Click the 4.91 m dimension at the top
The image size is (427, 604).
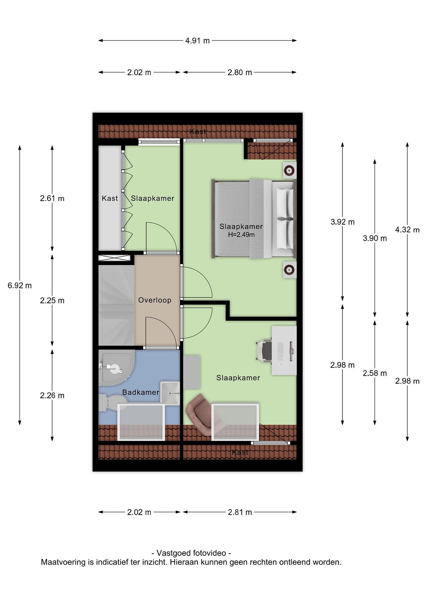pos(197,41)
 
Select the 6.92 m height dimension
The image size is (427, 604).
pos(20,285)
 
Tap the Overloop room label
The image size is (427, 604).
pos(155,300)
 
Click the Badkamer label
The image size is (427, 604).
pos(141,392)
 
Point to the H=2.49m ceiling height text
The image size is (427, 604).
pos(241,235)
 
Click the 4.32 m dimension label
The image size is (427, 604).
pos(407,230)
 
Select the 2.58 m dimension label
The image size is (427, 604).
pos(375,373)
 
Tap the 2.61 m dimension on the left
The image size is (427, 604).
pos(52,198)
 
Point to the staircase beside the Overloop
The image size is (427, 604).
pos(117,305)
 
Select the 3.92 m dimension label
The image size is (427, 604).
pos(342,222)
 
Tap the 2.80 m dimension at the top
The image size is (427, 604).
pos(240,72)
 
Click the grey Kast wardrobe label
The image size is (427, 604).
pos(110,198)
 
